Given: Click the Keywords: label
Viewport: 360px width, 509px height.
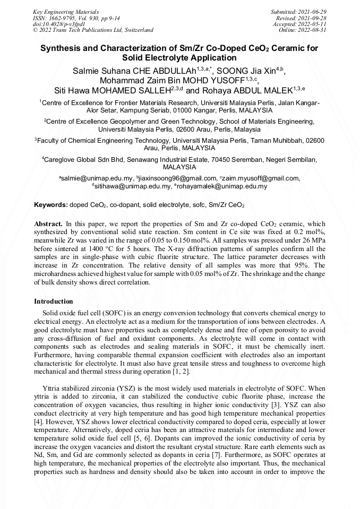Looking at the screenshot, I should (50, 204).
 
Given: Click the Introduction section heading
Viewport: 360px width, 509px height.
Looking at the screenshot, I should (53, 301).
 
